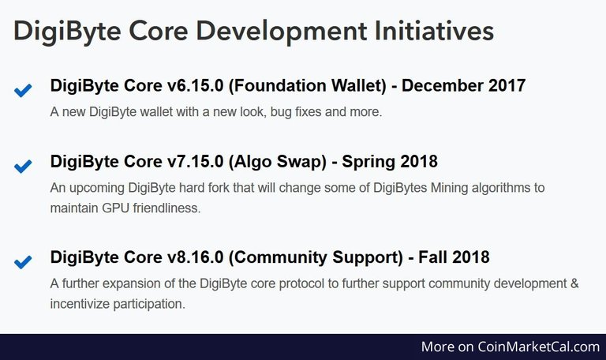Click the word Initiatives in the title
(434, 31)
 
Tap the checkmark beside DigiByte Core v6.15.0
(23, 91)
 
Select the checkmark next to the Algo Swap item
(23, 167)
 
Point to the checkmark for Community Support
(23, 262)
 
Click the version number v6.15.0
(195, 85)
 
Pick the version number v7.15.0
(195, 161)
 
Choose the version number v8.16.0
(195, 257)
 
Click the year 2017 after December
(507, 85)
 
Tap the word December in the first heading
(442, 85)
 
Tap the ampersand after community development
(574, 283)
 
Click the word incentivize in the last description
(80, 304)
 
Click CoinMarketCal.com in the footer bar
(538, 347)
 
